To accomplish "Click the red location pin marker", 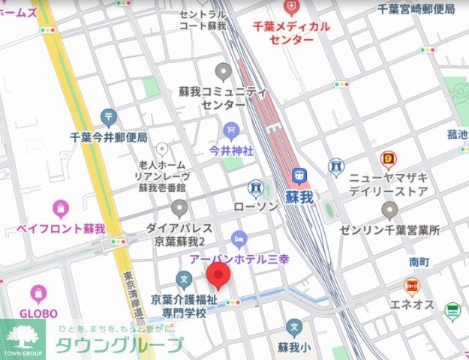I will pyautogui.click(x=218, y=276).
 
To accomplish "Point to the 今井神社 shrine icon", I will pyautogui.click(x=231, y=130).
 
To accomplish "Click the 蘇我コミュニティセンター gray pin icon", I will pyautogui.click(x=222, y=72).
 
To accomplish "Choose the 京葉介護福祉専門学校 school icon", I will pyautogui.click(x=183, y=280).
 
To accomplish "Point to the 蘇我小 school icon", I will pyautogui.click(x=295, y=328).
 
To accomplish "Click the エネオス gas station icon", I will pyautogui.click(x=411, y=286).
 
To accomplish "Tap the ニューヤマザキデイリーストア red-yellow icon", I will pyautogui.click(x=388, y=159).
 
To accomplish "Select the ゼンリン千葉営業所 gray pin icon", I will pyautogui.click(x=389, y=209).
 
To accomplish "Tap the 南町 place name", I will pyautogui.click(x=419, y=262).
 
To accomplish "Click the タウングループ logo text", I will pyautogui.click(x=119, y=346).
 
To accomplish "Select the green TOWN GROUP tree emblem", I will pyautogui.click(x=23, y=334).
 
